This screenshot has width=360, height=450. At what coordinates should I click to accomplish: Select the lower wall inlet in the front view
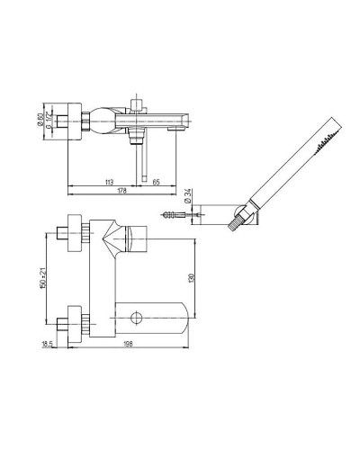tap(72, 319)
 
